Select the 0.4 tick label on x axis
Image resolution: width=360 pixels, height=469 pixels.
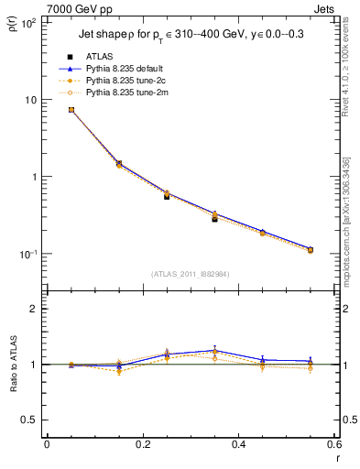(239, 444)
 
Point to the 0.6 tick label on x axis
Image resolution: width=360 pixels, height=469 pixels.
(334, 444)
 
